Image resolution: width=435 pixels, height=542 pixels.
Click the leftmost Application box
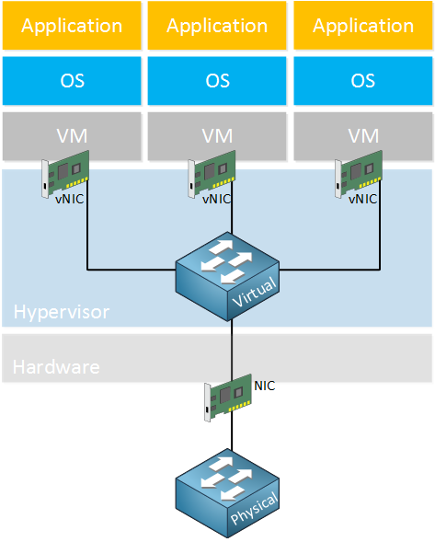click(x=72, y=26)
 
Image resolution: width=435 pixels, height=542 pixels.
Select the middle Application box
click(x=217, y=26)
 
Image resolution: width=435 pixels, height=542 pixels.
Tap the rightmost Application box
click(x=363, y=26)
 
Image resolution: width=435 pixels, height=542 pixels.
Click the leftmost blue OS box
click(x=72, y=81)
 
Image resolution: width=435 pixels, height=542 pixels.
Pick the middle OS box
click(x=217, y=81)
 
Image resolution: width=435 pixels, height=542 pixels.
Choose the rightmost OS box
click(x=363, y=81)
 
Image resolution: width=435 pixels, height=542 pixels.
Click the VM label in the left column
click(x=72, y=136)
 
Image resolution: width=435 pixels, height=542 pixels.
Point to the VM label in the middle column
click(x=217, y=136)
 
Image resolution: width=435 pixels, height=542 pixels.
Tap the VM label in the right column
click(x=363, y=136)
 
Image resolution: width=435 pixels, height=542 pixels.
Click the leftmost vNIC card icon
click(x=65, y=174)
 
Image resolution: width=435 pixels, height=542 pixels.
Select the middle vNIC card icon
click(x=212, y=174)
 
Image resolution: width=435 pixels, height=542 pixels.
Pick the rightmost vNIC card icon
click(x=359, y=174)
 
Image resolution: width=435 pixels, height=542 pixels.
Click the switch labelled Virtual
click(x=227, y=276)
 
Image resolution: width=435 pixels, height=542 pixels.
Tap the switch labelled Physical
click(x=227, y=493)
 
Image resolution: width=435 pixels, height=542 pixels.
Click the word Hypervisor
click(x=62, y=312)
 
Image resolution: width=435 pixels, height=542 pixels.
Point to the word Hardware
click(x=56, y=367)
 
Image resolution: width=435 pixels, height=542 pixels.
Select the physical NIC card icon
click(x=228, y=398)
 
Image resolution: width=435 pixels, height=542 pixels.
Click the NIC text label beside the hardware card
click(x=265, y=386)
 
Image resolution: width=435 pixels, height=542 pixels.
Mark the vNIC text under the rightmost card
click(x=362, y=199)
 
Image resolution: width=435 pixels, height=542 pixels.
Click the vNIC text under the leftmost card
click(x=70, y=199)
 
